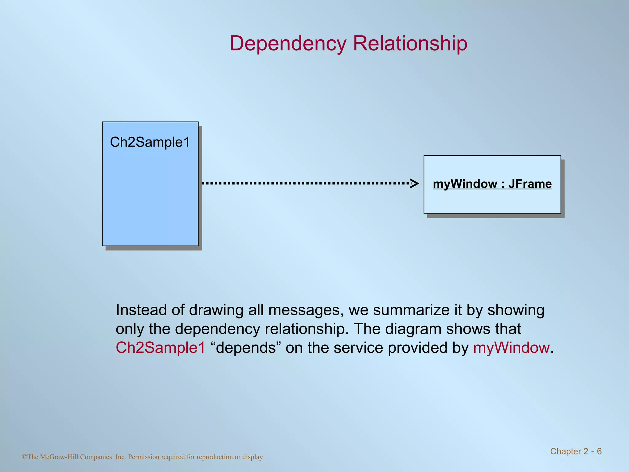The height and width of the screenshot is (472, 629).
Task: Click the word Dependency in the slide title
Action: [x=288, y=44]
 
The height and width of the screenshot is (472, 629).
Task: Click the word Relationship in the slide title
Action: [x=410, y=44]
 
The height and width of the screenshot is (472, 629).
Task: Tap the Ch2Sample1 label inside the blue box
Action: [x=150, y=142]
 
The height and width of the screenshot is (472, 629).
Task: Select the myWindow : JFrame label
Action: [x=492, y=184]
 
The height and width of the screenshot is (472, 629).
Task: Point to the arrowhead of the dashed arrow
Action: [x=415, y=183]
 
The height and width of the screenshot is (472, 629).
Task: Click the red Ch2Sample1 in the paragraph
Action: [x=160, y=348]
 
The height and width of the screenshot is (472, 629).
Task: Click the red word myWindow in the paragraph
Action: [x=511, y=348]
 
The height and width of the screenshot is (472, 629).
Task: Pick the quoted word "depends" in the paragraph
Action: [x=246, y=348]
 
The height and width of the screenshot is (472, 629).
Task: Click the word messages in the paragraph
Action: [x=306, y=310]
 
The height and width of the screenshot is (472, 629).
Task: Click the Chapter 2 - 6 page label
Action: [x=576, y=451]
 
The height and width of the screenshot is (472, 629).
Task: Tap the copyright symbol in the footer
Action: [x=25, y=457]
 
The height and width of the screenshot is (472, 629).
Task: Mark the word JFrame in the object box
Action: [x=530, y=184]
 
